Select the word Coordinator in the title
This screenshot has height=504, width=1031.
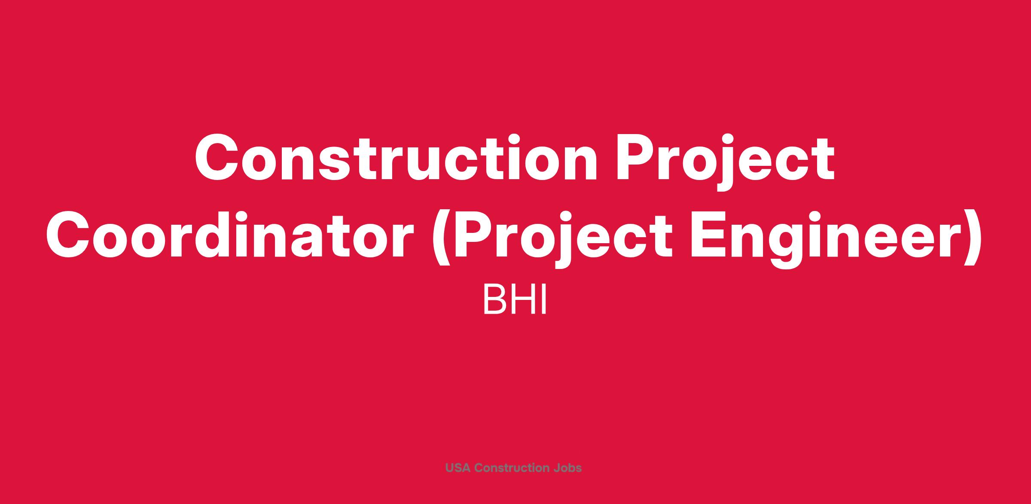pos(229,235)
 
